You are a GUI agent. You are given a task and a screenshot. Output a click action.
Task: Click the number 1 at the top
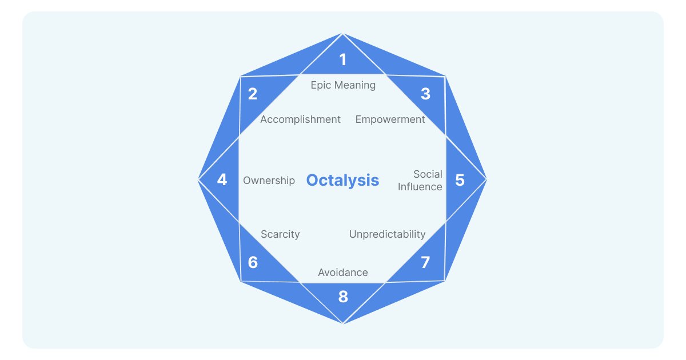pos(343,59)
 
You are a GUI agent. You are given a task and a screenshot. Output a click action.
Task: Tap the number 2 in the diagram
pos(253,94)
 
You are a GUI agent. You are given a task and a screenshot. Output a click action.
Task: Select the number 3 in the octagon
pos(425,94)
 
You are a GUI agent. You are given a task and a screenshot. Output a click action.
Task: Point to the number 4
pos(222,180)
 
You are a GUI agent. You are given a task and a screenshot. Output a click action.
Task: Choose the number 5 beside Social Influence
pos(460,180)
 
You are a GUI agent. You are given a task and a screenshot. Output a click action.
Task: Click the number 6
pos(253,263)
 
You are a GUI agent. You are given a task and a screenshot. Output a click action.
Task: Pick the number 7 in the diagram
pos(425,263)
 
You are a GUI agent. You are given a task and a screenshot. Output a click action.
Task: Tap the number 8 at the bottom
pos(343,297)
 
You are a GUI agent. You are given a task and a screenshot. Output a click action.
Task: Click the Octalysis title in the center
pos(342,180)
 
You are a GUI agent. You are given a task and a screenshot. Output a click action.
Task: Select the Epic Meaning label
pos(343,85)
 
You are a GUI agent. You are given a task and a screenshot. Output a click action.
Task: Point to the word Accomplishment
pos(300,119)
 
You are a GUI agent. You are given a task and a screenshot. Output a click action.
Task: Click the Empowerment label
pos(390,119)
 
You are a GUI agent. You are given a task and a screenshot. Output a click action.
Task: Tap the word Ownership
pos(269,181)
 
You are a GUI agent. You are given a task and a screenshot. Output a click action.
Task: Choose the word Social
pos(428,174)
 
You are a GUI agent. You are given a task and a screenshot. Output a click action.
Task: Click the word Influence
pos(420,187)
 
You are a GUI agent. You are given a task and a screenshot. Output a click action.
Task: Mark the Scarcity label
pos(280,234)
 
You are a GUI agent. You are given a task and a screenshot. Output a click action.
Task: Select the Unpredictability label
pos(387,234)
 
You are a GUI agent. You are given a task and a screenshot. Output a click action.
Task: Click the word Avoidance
pos(343,273)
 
